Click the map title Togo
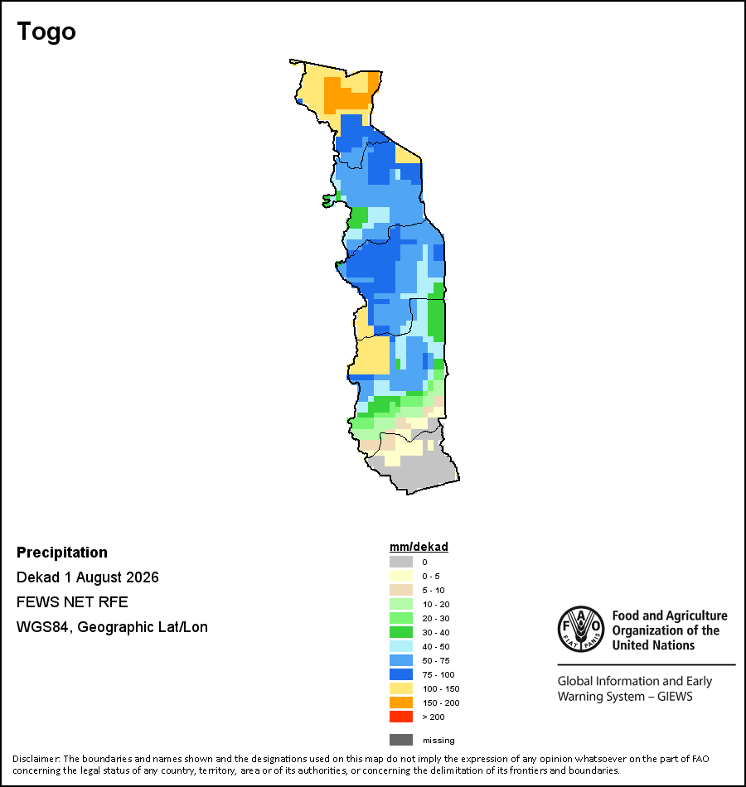point(46,32)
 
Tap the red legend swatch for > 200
point(401,717)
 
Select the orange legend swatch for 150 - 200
point(401,703)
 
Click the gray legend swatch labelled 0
point(401,562)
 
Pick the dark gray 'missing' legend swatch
point(401,740)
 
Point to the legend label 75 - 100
point(438,674)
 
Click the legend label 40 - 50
point(435,646)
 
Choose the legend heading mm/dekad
point(419,547)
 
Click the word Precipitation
point(62,553)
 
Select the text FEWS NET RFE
point(72,601)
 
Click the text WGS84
point(42,627)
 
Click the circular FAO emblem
point(581,629)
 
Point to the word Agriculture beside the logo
point(697,616)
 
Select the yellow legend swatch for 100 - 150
point(401,688)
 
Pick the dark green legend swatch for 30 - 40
point(401,632)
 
